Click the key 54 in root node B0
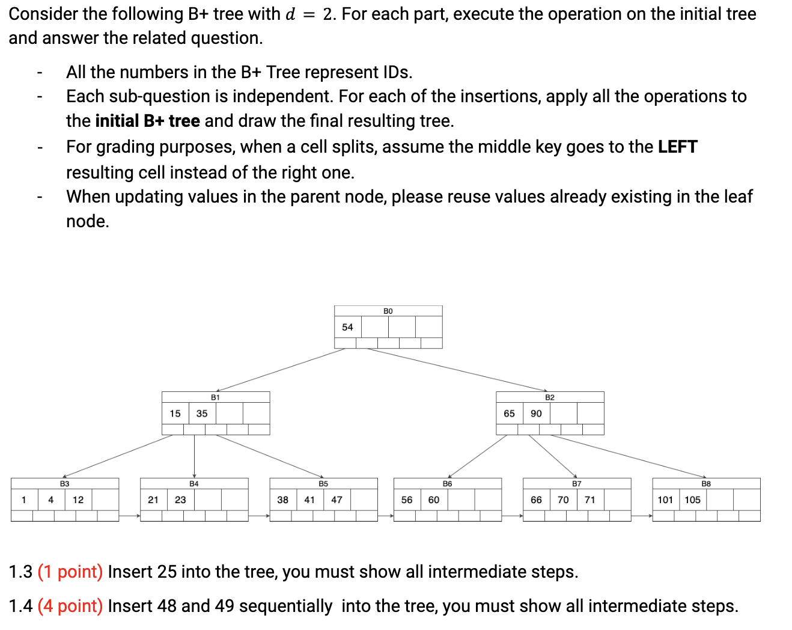click(347, 327)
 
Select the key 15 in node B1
click(175, 414)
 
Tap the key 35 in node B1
click(202, 414)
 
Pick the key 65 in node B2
click(509, 414)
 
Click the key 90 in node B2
click(536, 414)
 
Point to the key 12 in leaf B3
click(78, 500)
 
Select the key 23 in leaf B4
click(180, 500)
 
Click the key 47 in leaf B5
click(337, 500)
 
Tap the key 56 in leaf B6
click(407, 500)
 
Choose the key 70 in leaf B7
click(563, 500)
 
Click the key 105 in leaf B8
click(692, 500)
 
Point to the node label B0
click(388, 311)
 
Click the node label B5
click(323, 483)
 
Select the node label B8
click(706, 483)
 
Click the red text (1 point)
click(70, 572)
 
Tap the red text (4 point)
click(70, 606)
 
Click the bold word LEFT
click(677, 147)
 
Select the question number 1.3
click(20, 572)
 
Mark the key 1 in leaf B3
click(23, 500)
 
